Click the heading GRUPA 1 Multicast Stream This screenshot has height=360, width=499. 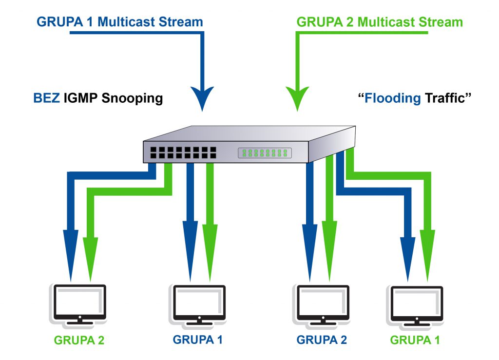119,21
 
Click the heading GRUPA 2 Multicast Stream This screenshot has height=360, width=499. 380,22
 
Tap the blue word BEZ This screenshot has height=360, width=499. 46,98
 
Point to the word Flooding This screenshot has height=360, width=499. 393,98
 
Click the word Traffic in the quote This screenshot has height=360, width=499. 447,98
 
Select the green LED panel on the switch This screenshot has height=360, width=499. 265,153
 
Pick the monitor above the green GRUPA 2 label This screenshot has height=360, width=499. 79,303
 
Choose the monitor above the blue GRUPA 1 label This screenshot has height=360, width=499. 198,303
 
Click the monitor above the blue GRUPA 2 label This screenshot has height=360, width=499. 322,303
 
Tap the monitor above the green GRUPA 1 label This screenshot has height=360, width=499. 416,303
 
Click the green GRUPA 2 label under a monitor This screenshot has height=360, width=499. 79,340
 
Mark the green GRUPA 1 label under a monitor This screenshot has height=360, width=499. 416,340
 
